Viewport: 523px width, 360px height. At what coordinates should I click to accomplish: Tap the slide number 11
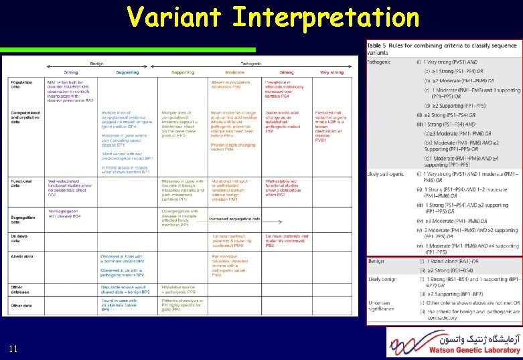[x=14, y=349]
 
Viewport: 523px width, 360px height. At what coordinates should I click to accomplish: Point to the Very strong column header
[x=331, y=72]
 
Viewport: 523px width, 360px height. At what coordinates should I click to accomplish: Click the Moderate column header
[x=235, y=72]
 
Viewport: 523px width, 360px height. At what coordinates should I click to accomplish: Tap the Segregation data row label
[x=24, y=218]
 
